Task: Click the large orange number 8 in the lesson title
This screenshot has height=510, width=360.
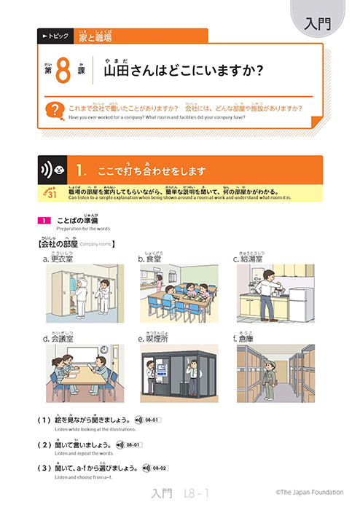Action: click(63, 72)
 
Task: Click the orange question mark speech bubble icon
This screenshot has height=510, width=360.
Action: click(52, 110)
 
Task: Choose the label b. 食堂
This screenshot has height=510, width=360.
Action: click(153, 258)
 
